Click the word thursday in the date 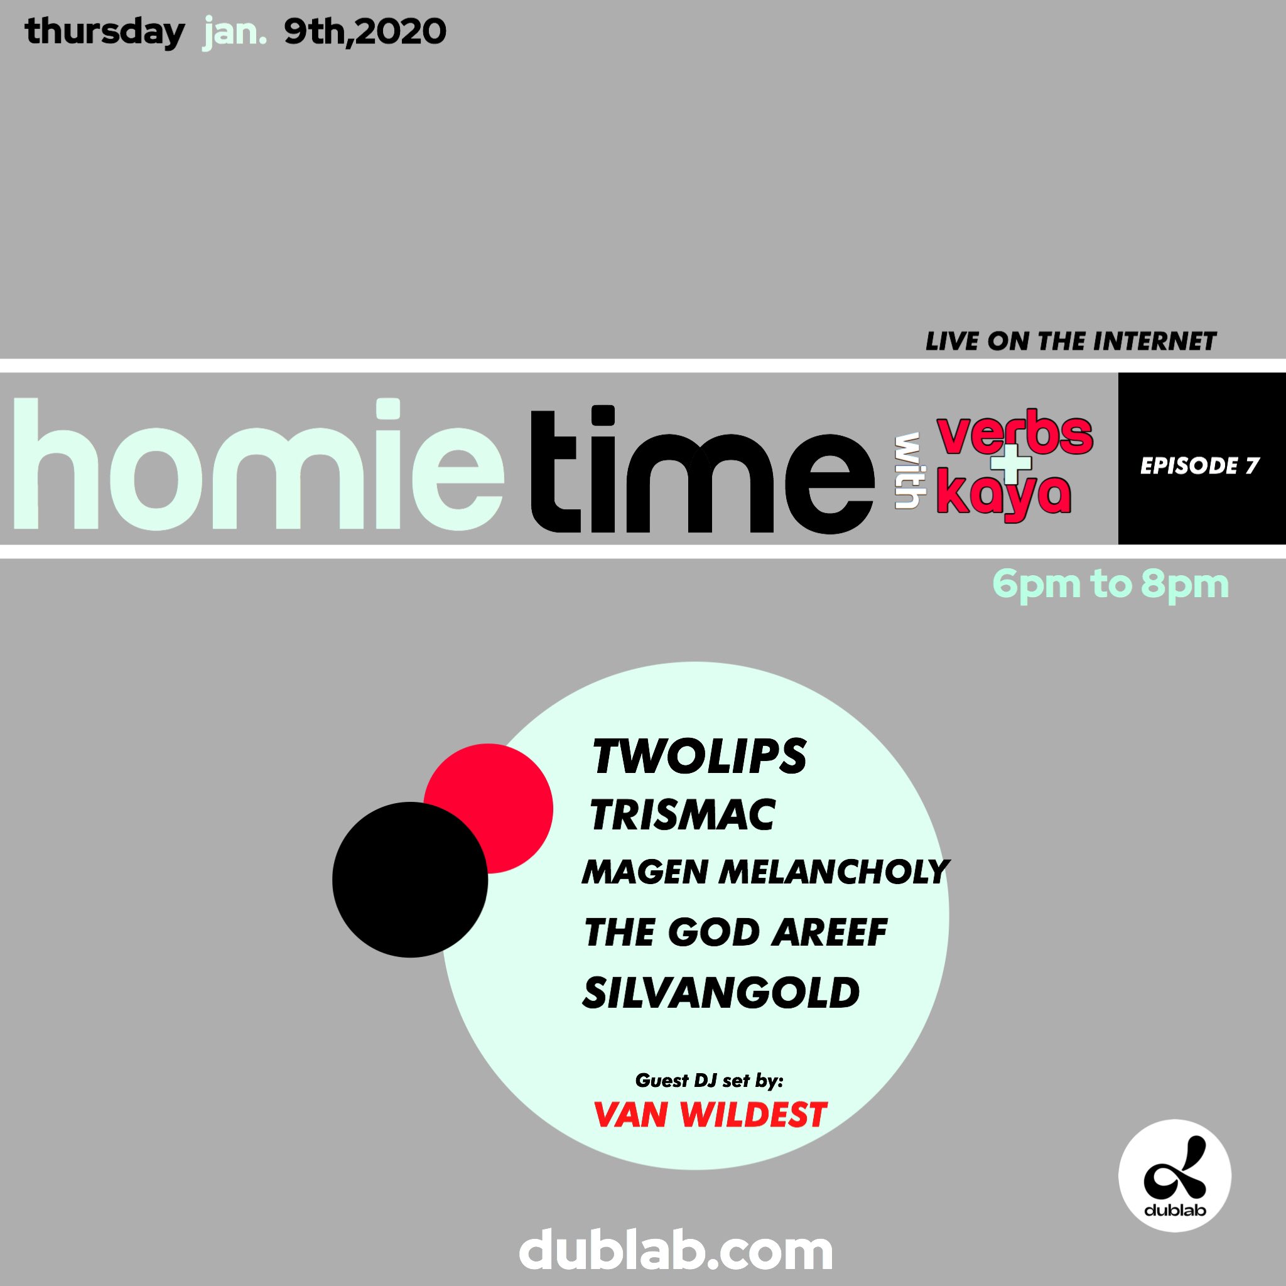[104, 32]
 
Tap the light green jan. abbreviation [234, 32]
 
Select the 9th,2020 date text [365, 32]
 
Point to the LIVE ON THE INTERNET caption [1071, 342]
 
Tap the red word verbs [1015, 434]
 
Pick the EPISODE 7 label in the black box [1199, 465]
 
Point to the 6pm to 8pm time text [1110, 585]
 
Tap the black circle [409, 879]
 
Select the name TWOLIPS [699, 757]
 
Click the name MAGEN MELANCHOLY [765, 872]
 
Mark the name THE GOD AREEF [735, 932]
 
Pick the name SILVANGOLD [721, 993]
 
